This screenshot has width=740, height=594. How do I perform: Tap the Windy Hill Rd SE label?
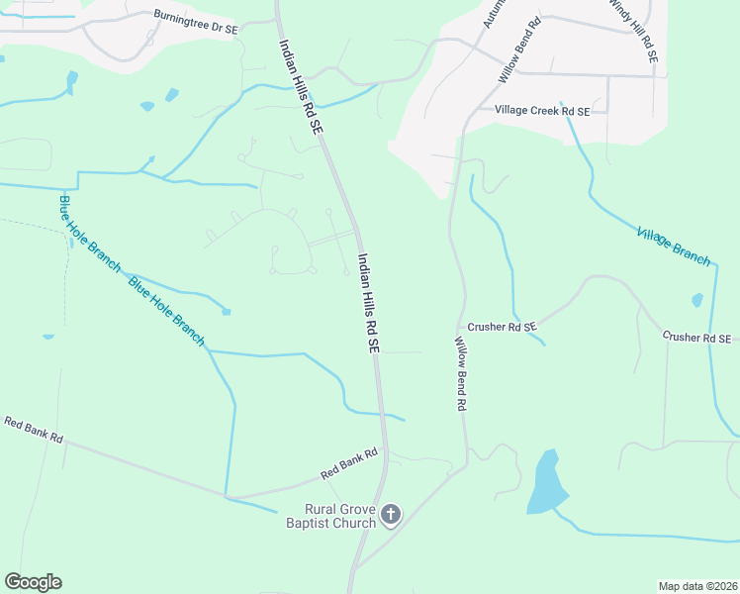coord(632,32)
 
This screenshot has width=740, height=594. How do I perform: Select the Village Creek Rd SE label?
coord(541,112)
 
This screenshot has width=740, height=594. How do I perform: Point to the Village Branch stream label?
coord(674,247)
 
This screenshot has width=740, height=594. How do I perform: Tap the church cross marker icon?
coord(391,514)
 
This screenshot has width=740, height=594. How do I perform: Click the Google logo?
coord(33,582)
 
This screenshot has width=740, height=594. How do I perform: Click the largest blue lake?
coord(546,482)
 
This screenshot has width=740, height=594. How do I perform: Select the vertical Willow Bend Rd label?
coord(460,373)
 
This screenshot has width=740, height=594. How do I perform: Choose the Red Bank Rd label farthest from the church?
coord(33,430)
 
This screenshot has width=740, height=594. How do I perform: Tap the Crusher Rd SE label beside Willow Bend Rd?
coord(501,326)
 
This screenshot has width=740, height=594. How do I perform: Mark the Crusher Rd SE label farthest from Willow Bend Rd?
coord(696,338)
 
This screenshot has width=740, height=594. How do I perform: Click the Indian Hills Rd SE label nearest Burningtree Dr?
coord(301,86)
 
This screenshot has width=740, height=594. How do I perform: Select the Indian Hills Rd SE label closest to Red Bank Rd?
coord(368,303)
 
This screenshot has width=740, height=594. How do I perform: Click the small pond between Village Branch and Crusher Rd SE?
coord(697,300)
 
